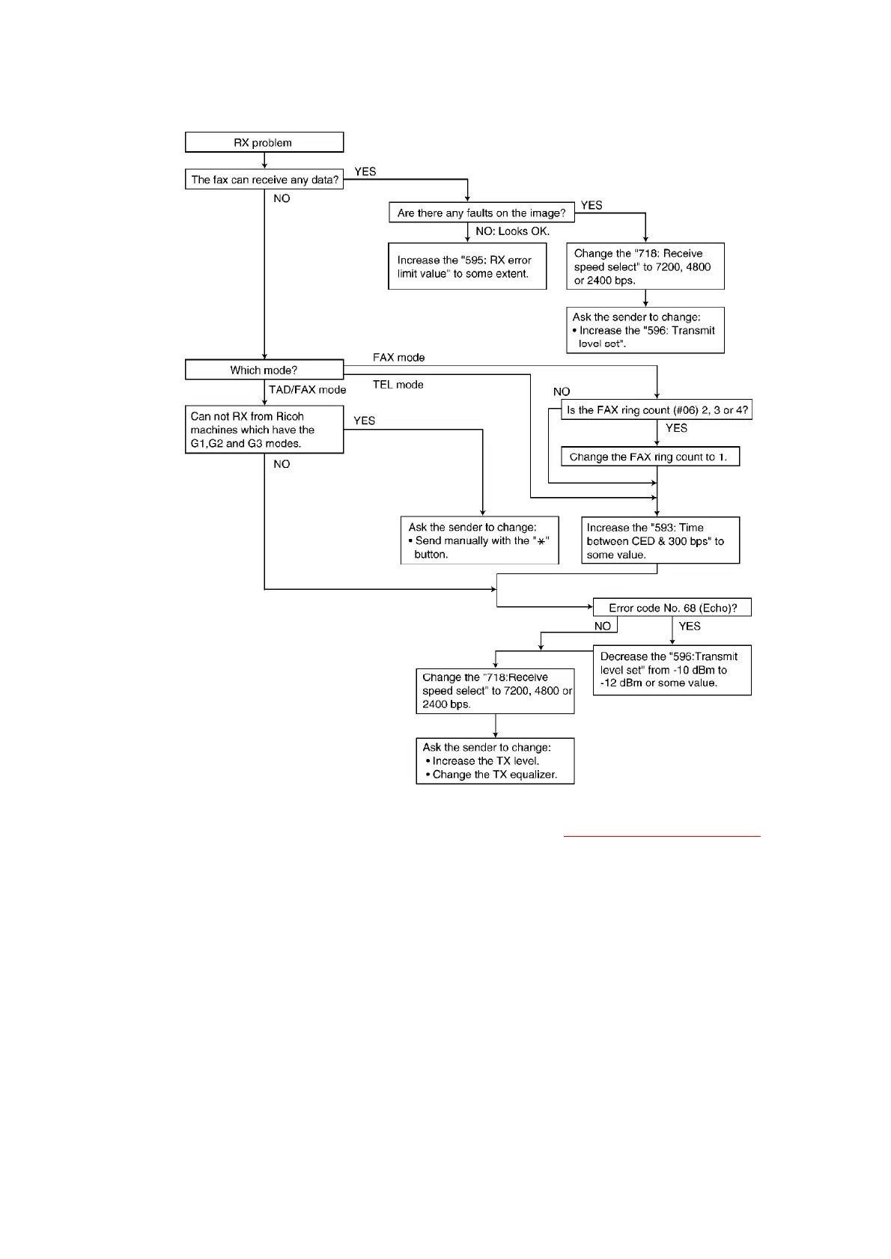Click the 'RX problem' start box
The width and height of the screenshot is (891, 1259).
pos(264,142)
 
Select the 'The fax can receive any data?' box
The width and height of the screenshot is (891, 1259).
pos(264,180)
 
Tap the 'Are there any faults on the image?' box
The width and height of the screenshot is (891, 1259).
pos(481,213)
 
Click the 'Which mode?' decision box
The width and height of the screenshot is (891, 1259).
pos(264,370)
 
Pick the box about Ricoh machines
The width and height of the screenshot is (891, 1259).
pos(264,430)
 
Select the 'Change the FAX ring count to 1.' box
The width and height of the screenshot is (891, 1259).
pos(649,457)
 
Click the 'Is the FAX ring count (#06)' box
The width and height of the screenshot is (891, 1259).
pos(657,410)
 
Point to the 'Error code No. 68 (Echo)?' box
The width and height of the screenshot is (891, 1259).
pos(672,608)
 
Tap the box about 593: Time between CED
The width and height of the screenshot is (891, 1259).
pos(660,540)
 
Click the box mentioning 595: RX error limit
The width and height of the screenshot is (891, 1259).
pos(467,266)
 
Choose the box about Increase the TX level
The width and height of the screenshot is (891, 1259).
pos(495,760)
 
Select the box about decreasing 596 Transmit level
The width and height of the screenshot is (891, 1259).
pos(672,670)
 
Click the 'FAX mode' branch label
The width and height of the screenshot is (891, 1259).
pos(398,358)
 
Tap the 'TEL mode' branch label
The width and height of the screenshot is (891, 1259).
pos(398,385)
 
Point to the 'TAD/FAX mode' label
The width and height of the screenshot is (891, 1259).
pos(307,390)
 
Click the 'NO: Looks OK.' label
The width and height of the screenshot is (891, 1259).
pos(512,231)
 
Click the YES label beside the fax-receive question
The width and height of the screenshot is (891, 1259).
pos(365,171)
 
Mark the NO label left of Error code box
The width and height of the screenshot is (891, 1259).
pos(602,626)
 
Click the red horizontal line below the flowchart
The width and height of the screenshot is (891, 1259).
pos(661,835)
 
